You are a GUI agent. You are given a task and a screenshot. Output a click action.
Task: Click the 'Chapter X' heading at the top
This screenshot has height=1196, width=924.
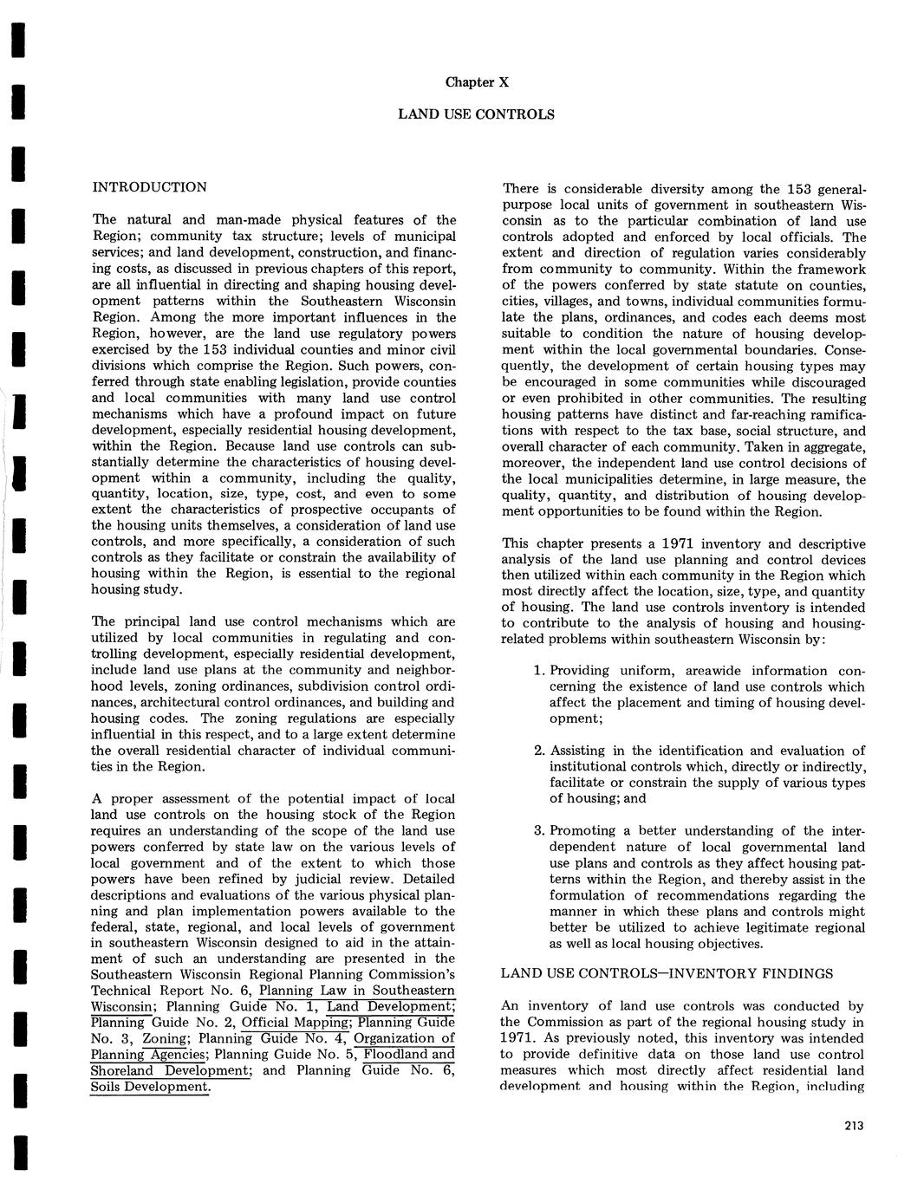[477, 82]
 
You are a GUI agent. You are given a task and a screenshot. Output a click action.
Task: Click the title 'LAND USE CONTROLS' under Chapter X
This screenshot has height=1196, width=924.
[476, 114]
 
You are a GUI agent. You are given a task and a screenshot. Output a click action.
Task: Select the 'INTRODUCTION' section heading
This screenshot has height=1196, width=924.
[149, 187]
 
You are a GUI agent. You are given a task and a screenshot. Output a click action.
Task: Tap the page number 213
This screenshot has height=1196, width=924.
[853, 1126]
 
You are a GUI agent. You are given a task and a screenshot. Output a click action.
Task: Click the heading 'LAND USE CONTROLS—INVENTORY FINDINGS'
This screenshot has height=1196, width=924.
[667, 973]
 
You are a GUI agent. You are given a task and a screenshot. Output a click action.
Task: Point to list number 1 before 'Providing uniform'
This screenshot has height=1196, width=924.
[537, 671]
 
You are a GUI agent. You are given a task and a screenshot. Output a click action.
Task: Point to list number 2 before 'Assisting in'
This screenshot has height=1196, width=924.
[537, 751]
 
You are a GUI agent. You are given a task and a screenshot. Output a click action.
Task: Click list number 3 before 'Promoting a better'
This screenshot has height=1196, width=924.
[537, 831]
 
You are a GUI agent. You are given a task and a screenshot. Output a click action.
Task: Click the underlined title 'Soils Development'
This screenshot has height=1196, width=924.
[150, 1087]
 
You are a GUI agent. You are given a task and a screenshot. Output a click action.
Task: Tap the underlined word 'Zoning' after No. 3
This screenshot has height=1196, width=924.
[165, 1038]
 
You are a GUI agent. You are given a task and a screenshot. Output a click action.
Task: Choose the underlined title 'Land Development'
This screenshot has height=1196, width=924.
[390, 1007]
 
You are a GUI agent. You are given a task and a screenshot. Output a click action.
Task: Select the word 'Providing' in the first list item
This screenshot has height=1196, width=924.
[581, 671]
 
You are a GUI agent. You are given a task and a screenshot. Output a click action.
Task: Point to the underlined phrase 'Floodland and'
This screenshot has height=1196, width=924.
[409, 1055]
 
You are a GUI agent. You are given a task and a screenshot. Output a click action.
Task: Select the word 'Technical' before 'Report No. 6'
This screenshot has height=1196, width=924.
[121, 991]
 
